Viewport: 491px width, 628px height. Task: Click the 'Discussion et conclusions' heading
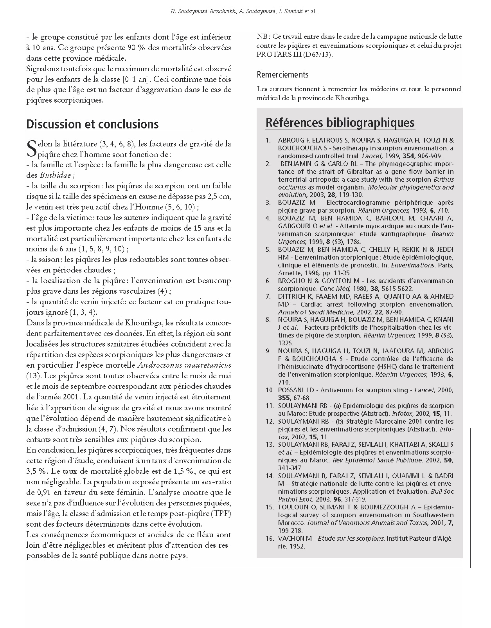click(x=92, y=124)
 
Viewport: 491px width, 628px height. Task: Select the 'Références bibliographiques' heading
click(x=340, y=123)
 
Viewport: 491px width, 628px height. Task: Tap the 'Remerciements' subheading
click(x=282, y=74)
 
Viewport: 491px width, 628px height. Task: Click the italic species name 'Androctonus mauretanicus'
click(x=184, y=365)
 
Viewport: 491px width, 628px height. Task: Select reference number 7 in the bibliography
click(x=268, y=296)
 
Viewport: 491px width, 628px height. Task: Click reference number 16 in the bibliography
click(x=270, y=538)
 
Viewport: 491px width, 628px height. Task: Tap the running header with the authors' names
click(x=244, y=12)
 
